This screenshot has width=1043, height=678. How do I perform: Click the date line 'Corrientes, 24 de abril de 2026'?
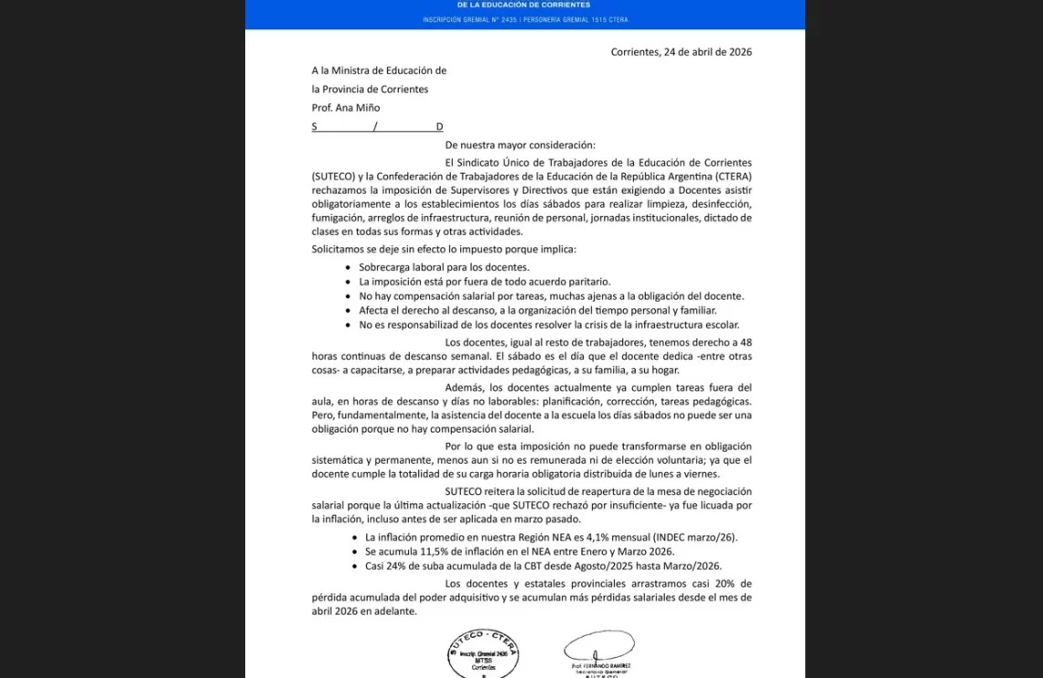point(681,52)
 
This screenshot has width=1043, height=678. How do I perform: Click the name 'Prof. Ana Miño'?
point(345,108)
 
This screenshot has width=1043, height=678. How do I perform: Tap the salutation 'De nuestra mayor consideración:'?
point(520,145)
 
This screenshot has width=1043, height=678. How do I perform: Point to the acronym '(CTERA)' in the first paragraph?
point(728,177)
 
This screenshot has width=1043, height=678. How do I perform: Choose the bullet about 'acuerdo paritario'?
point(484,282)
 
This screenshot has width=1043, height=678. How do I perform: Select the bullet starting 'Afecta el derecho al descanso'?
point(537,310)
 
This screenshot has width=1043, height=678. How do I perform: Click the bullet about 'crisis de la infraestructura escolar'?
point(549,325)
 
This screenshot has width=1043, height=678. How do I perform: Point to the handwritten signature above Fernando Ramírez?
point(599,645)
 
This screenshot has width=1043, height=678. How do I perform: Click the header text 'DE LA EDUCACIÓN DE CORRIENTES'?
point(524,5)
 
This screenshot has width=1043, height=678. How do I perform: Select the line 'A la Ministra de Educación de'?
point(379,70)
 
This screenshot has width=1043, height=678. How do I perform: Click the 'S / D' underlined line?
point(377,126)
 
